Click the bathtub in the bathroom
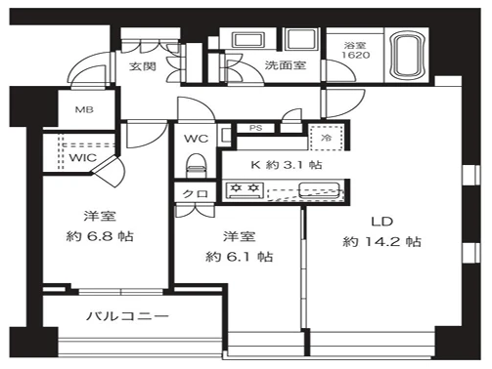coord(408,56)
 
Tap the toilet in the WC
coord(196,165)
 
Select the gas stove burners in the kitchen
coord(245,190)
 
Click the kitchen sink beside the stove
coord(320,190)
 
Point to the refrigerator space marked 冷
coord(326,138)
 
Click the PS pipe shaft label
coord(256,128)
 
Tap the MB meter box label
coord(84,109)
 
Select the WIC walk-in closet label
coord(83,158)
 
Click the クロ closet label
coord(195,194)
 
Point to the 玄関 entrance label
coord(143,66)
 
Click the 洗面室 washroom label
coord(286,65)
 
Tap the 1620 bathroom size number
coord(356,55)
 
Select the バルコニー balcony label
coord(127,316)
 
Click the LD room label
coord(382,222)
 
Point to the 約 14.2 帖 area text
coord(381,242)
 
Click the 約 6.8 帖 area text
coord(100,236)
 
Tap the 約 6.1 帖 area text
coord(239,257)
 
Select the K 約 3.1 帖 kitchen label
coord(287,165)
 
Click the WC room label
coord(196,139)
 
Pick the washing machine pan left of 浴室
coord(300,39)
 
